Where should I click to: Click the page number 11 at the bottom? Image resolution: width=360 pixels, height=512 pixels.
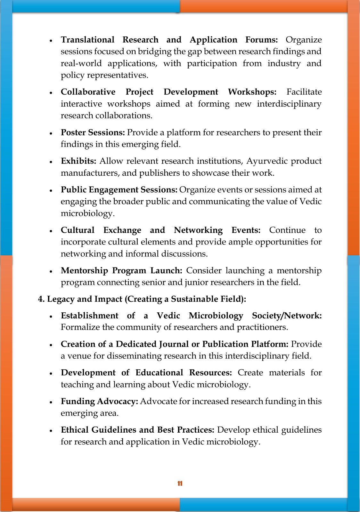(180, 483)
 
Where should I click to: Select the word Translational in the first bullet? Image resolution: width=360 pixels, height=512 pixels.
(87, 40)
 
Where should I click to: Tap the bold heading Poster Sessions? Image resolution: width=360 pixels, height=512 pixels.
(93, 132)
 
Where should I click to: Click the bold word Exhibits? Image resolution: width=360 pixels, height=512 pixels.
(78, 161)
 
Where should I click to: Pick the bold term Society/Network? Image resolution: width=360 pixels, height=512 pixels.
(287, 316)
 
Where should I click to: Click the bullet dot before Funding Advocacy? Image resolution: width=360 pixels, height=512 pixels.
(51, 402)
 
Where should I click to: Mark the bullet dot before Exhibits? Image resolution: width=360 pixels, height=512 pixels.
(51, 162)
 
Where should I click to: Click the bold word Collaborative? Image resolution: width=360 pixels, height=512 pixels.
(88, 92)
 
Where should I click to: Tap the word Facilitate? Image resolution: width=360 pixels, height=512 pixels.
(304, 92)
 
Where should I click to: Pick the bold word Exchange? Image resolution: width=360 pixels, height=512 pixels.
(122, 230)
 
